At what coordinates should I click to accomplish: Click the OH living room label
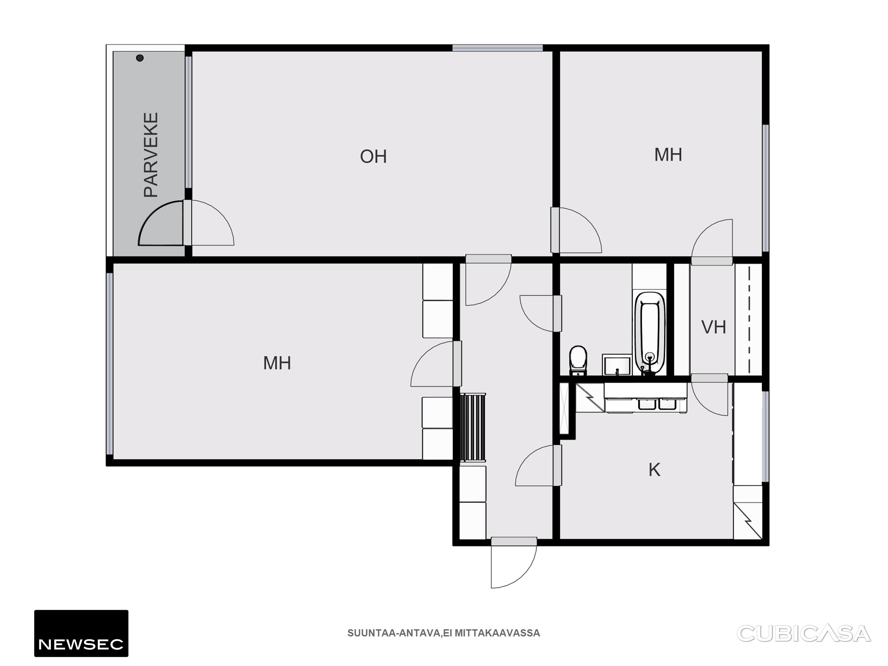coord(373,156)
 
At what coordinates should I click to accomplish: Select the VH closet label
coord(713,327)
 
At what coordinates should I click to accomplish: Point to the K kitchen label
coord(654,470)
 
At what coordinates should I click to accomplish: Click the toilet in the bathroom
coord(578,360)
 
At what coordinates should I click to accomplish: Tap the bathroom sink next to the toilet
coord(617,365)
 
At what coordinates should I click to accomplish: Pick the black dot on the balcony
coord(140,58)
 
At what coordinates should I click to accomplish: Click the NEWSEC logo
coord(81,633)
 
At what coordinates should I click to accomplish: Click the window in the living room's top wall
coord(497,48)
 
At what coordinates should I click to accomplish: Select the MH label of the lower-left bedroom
coord(277,363)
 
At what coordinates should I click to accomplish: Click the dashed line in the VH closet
coord(749,320)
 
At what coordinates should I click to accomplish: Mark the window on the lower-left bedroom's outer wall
coord(109,363)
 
